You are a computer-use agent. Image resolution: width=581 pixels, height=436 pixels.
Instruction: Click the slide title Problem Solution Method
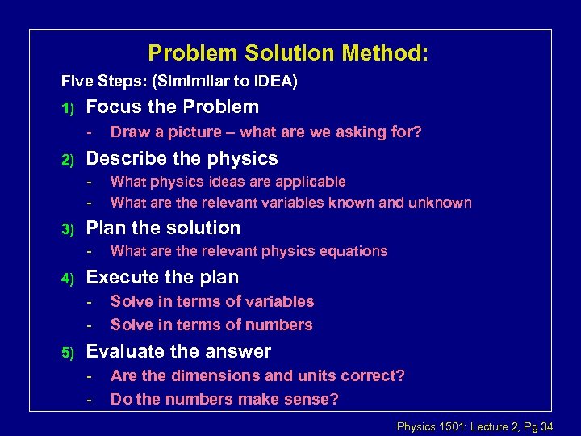(288, 54)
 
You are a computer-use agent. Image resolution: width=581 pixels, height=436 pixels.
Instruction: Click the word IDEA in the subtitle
(274, 82)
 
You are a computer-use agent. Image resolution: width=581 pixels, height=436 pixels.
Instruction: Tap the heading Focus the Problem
(173, 107)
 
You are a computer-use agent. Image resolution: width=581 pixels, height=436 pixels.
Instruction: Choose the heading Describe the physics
(182, 158)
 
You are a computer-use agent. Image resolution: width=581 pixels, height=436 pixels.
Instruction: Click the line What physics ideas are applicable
(228, 182)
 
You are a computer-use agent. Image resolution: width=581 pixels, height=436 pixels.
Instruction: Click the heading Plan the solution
(163, 228)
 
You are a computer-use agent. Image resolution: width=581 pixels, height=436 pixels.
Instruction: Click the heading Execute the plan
(162, 277)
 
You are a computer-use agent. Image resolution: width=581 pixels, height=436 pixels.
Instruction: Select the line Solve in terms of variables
(212, 301)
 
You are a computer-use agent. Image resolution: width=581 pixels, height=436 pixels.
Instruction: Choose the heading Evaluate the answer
(178, 351)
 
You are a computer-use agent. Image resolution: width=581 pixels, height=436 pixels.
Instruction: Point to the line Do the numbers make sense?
(224, 399)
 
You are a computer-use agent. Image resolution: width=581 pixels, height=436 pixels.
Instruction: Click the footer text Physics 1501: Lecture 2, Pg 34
(474, 426)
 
